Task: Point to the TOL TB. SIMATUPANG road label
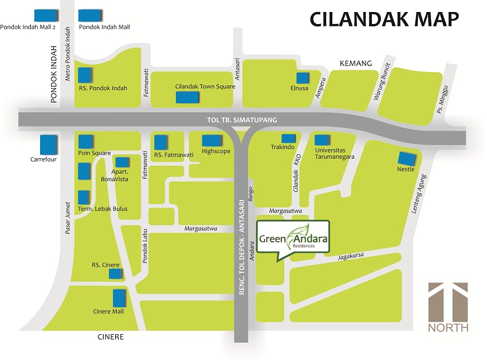pyautogui.click(x=242, y=120)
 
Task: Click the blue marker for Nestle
pyautogui.click(x=409, y=159)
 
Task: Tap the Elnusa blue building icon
pyautogui.click(x=303, y=79)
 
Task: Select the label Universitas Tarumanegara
pyautogui.click(x=335, y=153)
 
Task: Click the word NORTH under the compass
pyautogui.click(x=447, y=328)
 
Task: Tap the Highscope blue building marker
pyautogui.click(x=211, y=140)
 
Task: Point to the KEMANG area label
pyautogui.click(x=355, y=63)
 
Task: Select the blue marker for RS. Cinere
pyautogui.click(x=116, y=274)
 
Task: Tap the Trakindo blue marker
pyautogui.click(x=288, y=138)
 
